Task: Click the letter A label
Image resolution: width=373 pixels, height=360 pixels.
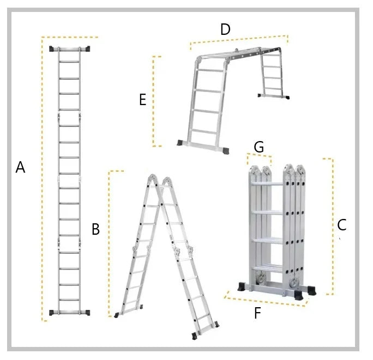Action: point(20,168)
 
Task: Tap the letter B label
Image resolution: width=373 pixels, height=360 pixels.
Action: point(95,230)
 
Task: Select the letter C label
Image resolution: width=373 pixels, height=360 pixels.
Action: point(342,224)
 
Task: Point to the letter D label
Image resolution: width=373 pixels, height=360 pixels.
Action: point(225,30)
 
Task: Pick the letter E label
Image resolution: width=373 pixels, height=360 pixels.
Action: point(142,100)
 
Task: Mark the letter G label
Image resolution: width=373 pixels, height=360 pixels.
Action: point(259,147)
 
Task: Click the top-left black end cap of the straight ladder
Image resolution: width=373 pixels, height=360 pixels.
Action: point(55,49)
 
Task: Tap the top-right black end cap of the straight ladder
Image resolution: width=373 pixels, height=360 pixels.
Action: point(86,49)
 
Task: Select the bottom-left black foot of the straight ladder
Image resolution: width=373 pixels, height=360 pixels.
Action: point(55,313)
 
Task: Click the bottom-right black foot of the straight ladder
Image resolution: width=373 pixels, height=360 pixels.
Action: point(85,313)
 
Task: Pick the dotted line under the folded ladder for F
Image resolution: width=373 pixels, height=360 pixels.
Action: point(264,301)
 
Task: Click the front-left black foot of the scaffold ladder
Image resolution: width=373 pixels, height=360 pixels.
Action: point(182,143)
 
